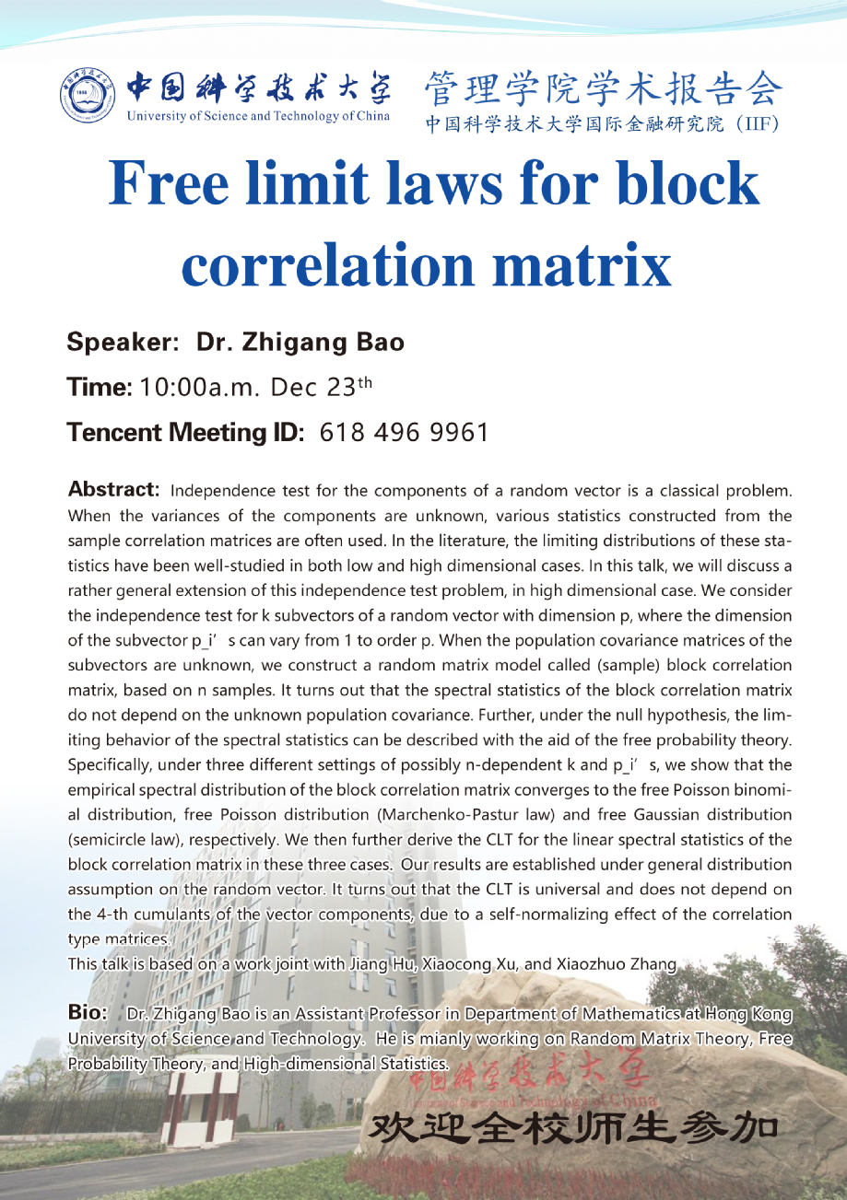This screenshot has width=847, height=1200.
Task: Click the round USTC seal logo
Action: pos(91,97)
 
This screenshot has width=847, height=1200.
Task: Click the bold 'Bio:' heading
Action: pos(88,1013)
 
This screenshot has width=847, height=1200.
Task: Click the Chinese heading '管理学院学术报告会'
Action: pos(604,91)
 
